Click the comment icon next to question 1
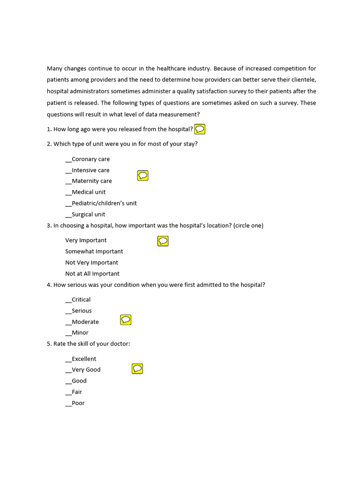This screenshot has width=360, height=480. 200,129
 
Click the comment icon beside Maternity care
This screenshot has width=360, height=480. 142,176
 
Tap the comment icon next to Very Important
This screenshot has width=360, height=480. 163,241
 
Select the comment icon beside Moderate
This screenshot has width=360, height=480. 126,320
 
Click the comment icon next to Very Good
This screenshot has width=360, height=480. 137,369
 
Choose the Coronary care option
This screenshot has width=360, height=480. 88,159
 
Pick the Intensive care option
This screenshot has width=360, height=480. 88,171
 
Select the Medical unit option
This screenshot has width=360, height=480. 86,192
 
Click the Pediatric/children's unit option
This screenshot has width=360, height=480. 101,203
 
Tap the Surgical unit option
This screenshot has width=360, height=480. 85,215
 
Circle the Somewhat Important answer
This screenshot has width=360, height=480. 94,252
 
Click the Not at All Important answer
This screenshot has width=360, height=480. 92,274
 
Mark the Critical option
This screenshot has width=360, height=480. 78,300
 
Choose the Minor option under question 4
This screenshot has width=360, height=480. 77,333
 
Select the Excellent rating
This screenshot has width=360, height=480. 81,359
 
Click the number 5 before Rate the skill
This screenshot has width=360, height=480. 49,344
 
